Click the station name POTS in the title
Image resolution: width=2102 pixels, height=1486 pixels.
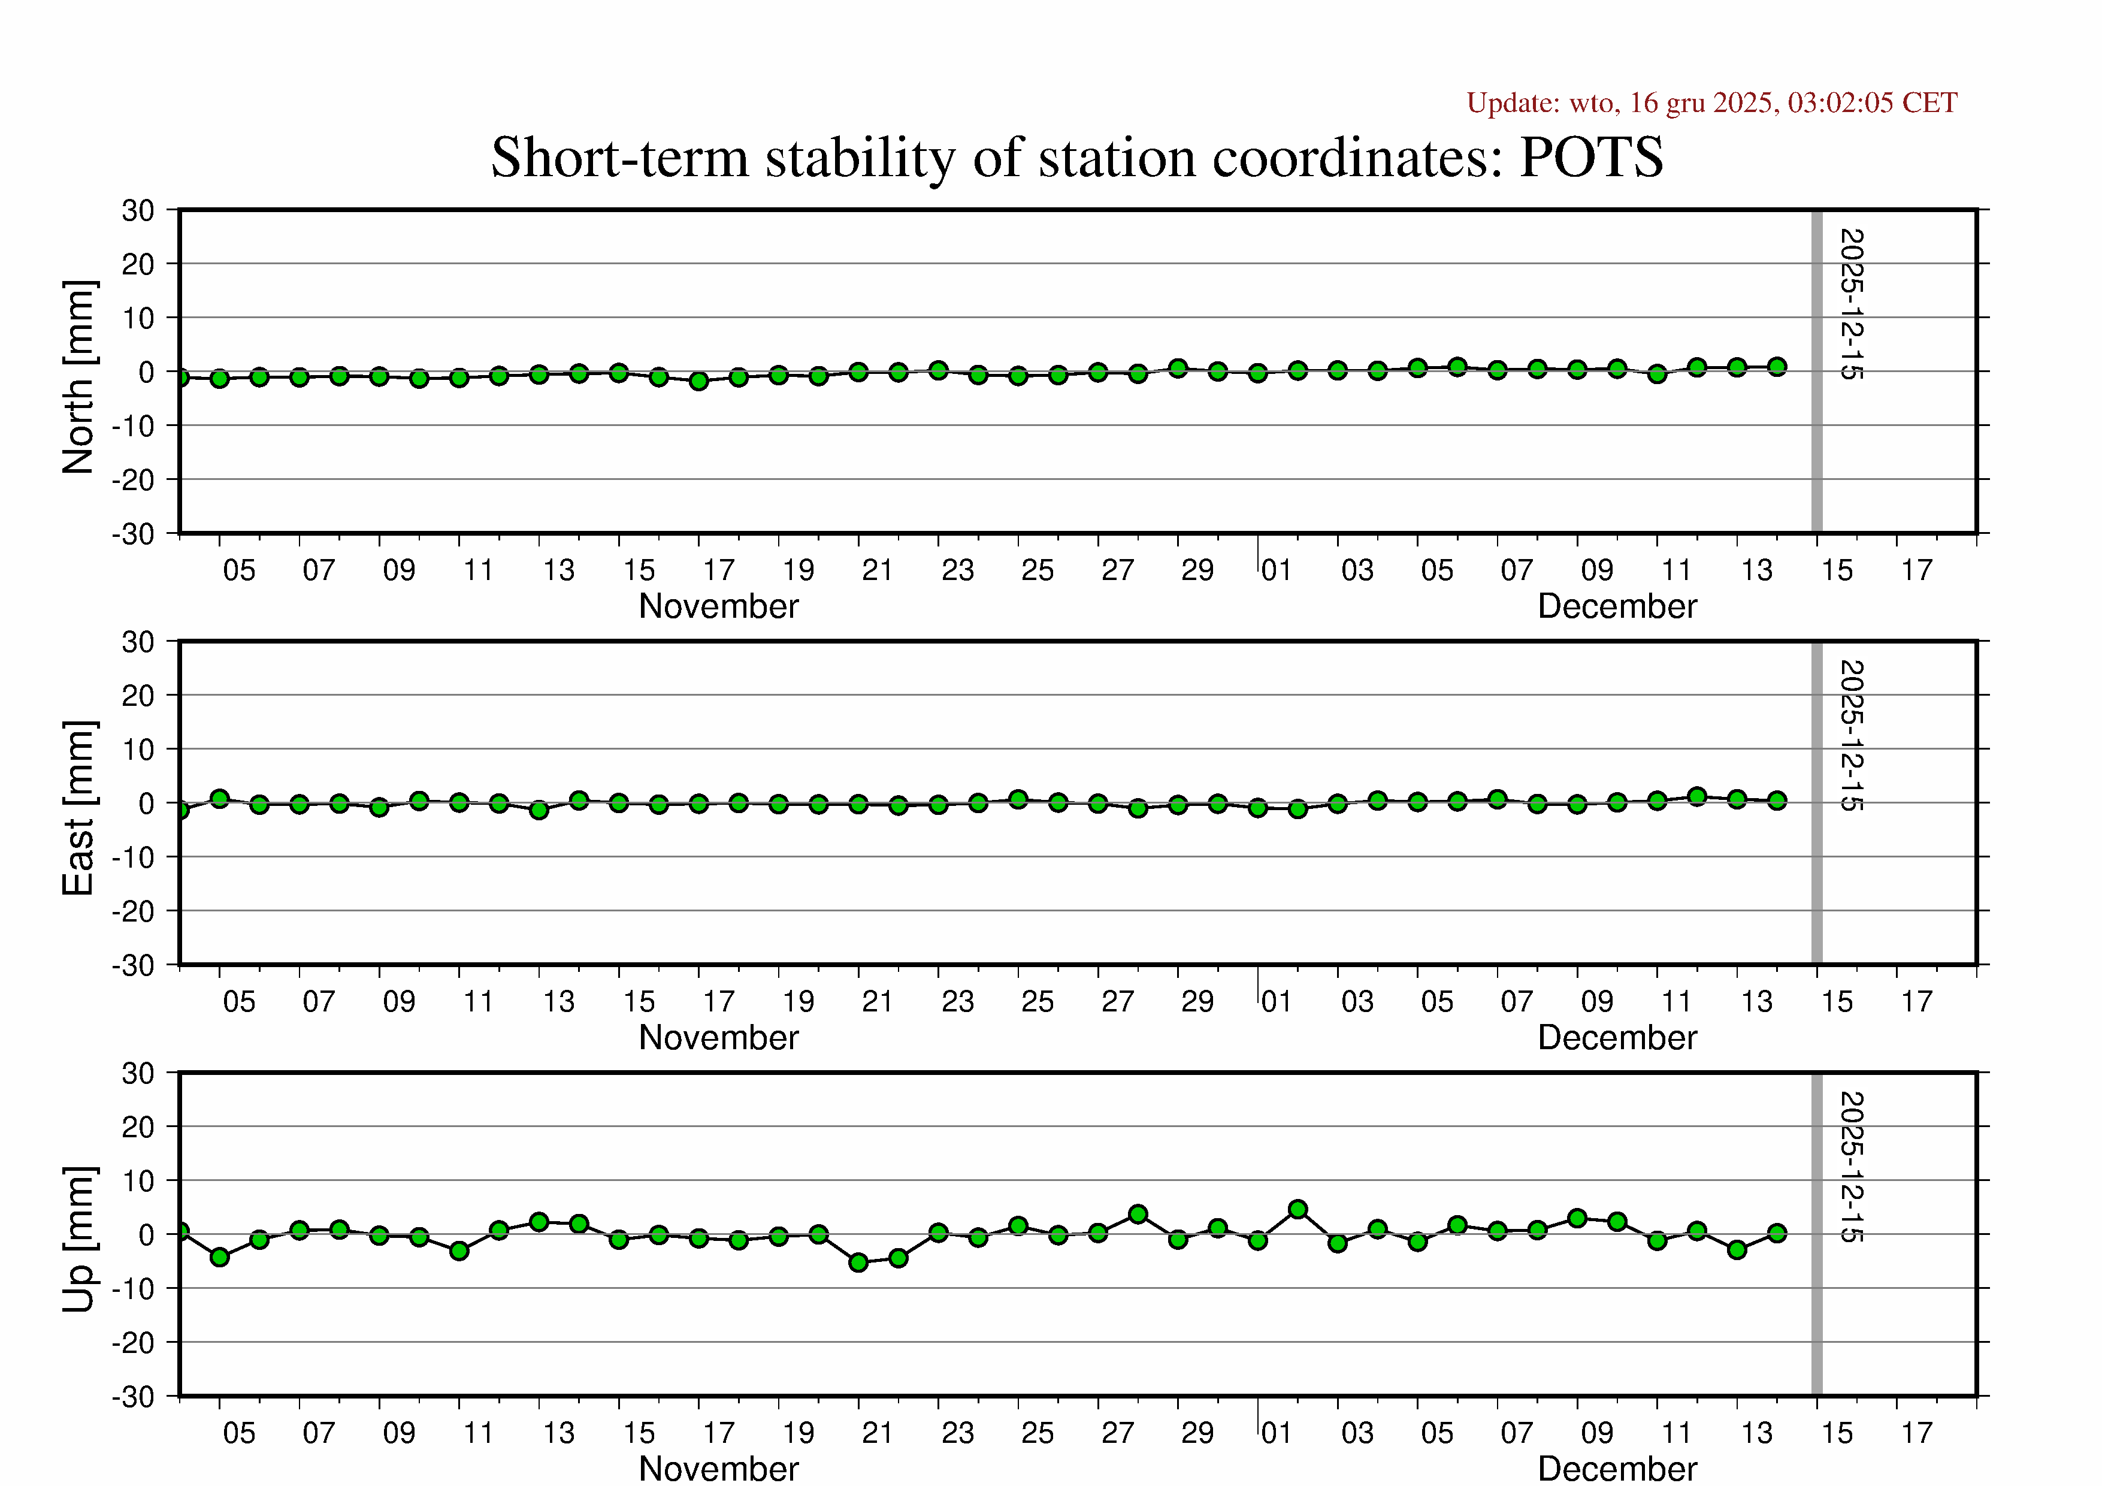(1591, 158)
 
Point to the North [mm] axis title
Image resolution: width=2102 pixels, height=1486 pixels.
(78, 377)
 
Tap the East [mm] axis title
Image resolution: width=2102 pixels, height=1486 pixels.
(78, 808)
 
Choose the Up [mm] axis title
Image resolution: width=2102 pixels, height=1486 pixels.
(78, 1239)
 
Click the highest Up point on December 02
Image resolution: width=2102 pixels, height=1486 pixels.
(1298, 1210)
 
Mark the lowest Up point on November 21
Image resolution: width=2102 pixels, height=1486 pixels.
(859, 1263)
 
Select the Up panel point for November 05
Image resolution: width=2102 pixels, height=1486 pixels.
(220, 1257)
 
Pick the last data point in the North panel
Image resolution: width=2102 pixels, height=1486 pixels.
(1777, 367)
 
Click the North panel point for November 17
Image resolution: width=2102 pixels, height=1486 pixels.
(700, 381)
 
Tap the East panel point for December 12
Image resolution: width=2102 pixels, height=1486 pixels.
(1697, 796)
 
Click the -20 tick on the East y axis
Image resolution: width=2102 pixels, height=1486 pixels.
(134, 911)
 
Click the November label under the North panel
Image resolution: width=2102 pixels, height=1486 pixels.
(719, 606)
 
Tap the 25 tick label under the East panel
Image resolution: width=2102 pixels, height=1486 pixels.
(1038, 1002)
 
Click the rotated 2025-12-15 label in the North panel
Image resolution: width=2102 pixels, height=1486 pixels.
(1851, 304)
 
